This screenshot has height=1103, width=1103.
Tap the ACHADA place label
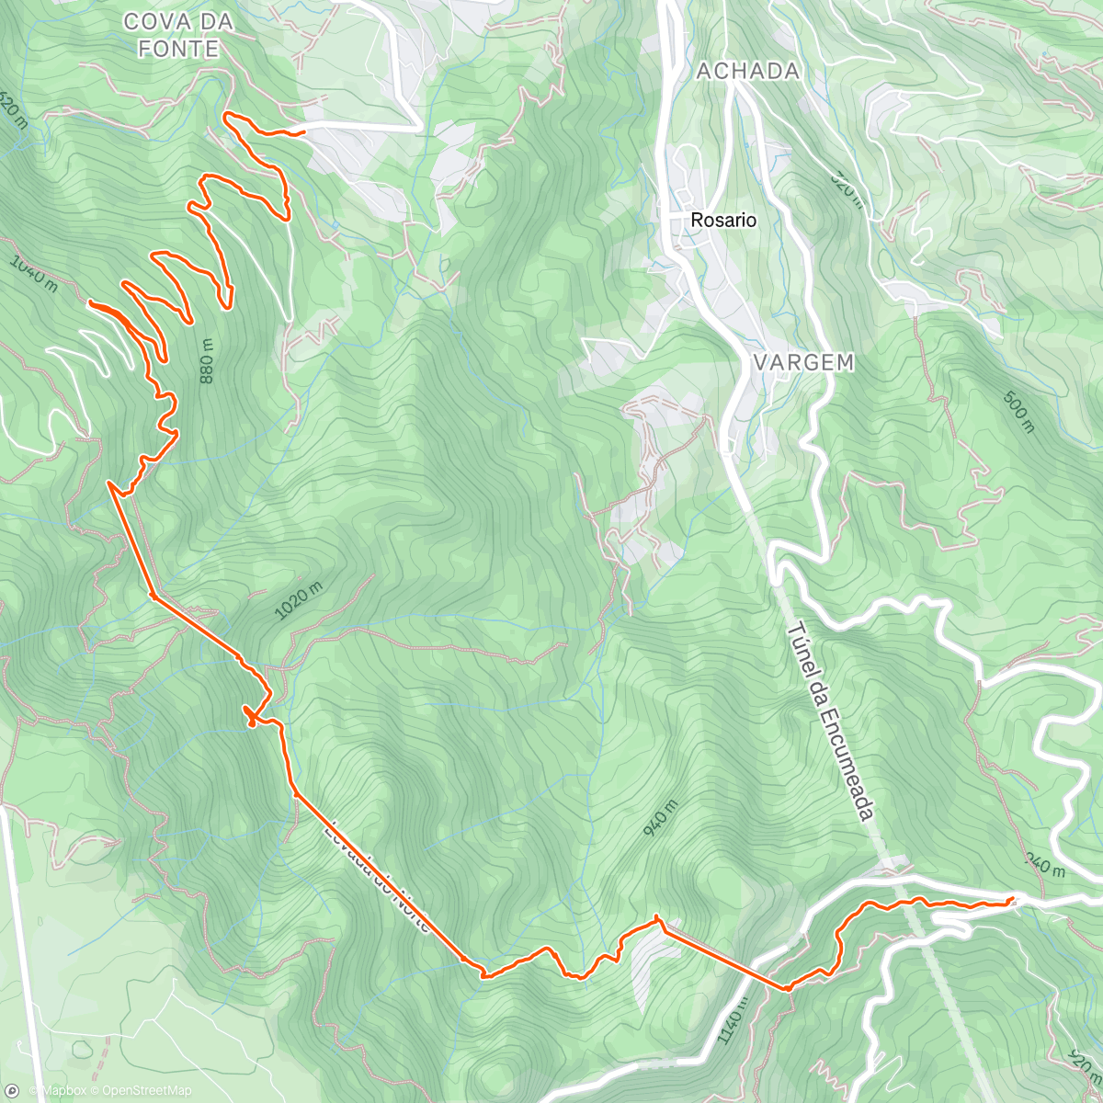(747, 71)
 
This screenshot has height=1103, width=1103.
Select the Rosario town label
(723, 221)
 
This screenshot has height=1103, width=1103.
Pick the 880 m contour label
(206, 361)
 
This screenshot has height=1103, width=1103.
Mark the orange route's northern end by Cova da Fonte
(303, 133)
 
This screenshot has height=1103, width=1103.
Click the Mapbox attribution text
(57, 1091)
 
